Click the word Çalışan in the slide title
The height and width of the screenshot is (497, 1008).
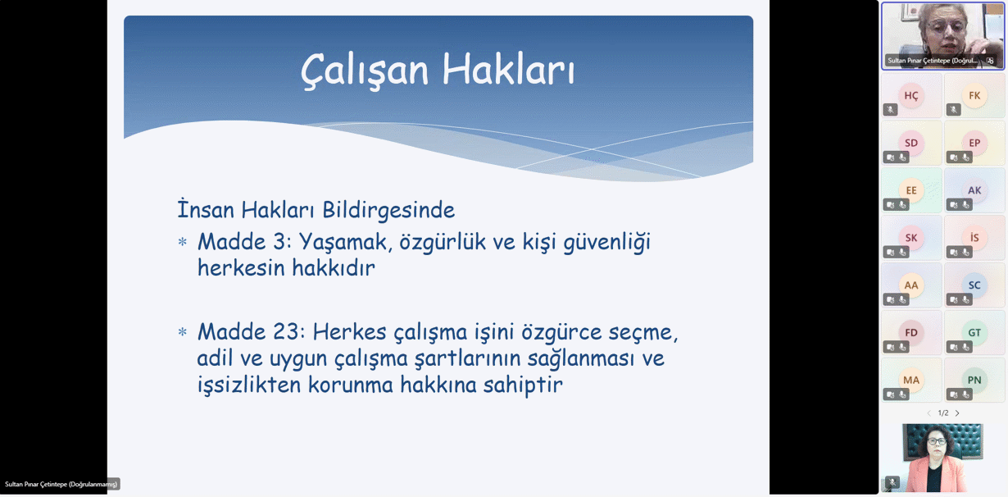365,71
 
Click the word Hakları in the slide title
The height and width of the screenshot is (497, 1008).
508,70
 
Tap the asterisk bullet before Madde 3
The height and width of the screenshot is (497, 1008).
183,243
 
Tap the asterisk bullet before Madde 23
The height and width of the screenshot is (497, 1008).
183,333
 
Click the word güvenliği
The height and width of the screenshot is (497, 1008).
606,243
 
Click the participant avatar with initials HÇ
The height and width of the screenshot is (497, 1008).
911,95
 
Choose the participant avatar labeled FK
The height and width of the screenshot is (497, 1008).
974,95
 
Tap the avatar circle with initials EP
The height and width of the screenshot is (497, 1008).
974,143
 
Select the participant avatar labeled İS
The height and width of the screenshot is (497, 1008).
974,238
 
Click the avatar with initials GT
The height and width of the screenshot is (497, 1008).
974,332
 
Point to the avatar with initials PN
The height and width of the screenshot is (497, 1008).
974,380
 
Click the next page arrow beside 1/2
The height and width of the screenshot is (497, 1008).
957,413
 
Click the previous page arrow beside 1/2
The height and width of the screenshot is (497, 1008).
929,413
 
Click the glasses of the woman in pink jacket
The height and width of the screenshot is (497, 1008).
937,442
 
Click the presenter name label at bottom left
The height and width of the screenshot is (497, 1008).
61,484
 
